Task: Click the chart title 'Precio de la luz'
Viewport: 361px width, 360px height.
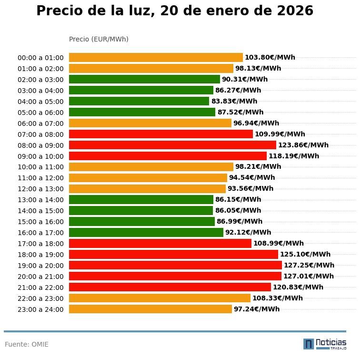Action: pyautogui.click(x=175, y=11)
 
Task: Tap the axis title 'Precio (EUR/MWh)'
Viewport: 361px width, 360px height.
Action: pyautogui.click(x=99, y=39)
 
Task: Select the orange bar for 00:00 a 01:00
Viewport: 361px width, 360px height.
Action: pyautogui.click(x=156, y=58)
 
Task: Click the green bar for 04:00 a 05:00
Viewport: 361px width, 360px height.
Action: pyautogui.click(x=139, y=101)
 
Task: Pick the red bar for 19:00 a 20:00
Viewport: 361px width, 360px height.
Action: pyautogui.click(x=175, y=265)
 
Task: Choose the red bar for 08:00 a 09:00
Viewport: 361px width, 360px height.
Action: pyautogui.click(x=172, y=145)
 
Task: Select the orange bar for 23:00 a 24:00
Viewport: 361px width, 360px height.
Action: pyautogui.click(x=150, y=309)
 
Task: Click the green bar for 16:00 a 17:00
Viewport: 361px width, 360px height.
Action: pyautogui.click(x=146, y=233)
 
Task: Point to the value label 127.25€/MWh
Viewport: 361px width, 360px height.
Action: pyautogui.click(x=309, y=265)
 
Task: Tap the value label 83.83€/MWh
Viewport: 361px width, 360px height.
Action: pyautogui.click(x=234, y=101)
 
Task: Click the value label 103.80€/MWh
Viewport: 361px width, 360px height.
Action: pyautogui.click(x=270, y=58)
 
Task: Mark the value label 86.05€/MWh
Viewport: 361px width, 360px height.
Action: pyautogui.click(x=238, y=210)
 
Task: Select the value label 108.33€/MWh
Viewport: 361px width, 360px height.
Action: pyautogui.click(x=278, y=298)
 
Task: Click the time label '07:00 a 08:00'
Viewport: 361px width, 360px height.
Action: pyautogui.click(x=40, y=134)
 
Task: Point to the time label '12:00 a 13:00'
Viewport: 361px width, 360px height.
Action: pyautogui.click(x=40, y=189)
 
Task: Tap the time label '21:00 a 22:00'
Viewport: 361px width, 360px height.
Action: pyautogui.click(x=40, y=288)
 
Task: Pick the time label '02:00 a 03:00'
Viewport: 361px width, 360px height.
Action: pyautogui.click(x=40, y=80)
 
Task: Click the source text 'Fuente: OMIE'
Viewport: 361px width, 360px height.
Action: pyautogui.click(x=27, y=344)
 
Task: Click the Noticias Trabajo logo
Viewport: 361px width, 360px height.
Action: pyautogui.click(x=325, y=344)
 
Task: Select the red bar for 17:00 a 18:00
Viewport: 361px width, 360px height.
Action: pyautogui.click(x=160, y=244)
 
